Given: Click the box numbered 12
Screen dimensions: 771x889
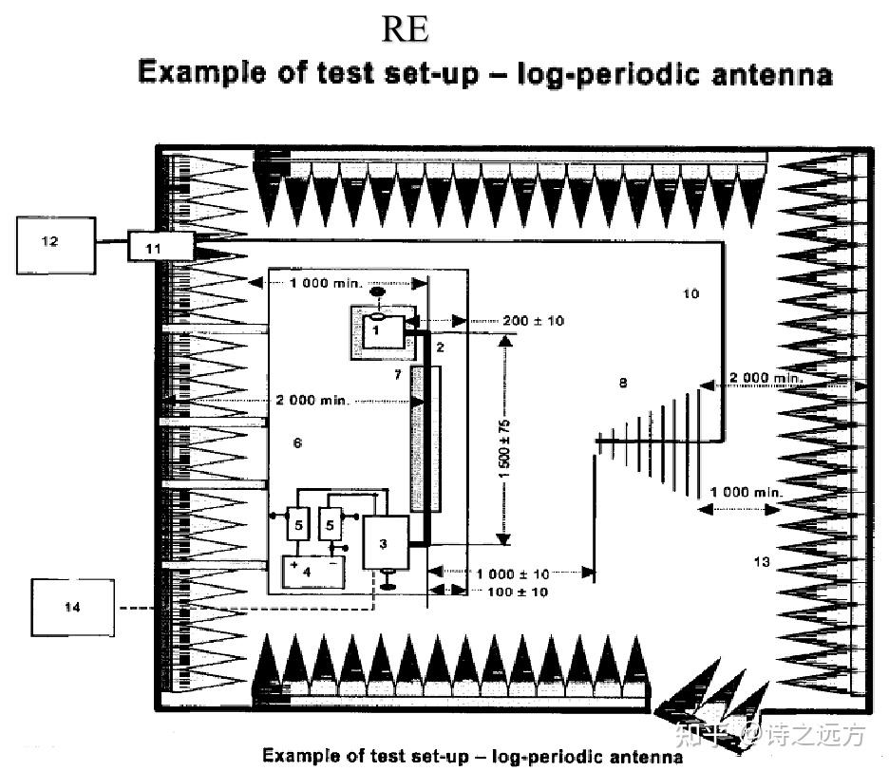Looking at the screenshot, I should click(x=56, y=244).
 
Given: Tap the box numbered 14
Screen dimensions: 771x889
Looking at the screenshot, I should click(x=72, y=608).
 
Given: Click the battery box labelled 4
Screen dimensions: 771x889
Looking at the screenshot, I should click(x=308, y=572).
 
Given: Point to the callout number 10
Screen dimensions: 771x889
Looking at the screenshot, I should click(x=690, y=294).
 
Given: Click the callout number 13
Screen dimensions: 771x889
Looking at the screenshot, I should click(x=761, y=562).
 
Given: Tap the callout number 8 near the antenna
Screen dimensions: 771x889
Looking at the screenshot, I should click(x=623, y=384).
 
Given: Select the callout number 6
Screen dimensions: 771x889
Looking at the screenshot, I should click(x=297, y=443).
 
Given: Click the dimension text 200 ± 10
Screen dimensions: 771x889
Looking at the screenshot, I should click(x=533, y=321).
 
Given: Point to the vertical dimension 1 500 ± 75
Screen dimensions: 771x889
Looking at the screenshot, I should click(x=504, y=444).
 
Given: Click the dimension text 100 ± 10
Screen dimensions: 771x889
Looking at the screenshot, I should click(x=518, y=592).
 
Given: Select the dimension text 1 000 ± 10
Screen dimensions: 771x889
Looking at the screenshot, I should click(x=513, y=574).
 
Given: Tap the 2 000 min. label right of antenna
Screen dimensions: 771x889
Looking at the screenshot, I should click(x=766, y=379).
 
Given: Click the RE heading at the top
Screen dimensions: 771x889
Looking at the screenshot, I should click(x=406, y=30).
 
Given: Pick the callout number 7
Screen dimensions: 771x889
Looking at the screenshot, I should click(x=399, y=377).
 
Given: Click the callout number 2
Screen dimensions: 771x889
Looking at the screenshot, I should click(x=440, y=348).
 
